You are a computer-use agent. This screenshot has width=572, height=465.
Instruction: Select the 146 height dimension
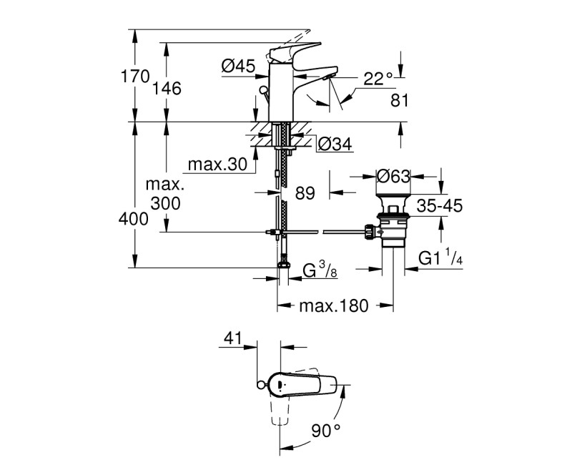pos(167,88)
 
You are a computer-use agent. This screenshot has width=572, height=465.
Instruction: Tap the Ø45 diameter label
pos(238,67)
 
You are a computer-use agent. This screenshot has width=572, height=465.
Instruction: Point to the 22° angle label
pos(378,79)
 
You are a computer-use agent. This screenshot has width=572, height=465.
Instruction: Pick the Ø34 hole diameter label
pos(333,144)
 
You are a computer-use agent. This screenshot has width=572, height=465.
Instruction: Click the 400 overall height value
pos(134,220)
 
